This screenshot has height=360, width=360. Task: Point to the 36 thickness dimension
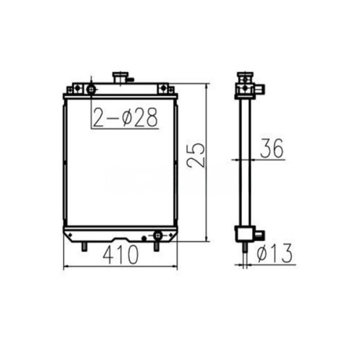[272, 149]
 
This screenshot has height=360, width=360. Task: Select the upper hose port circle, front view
[92, 89]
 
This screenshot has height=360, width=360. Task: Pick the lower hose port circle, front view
[157, 236]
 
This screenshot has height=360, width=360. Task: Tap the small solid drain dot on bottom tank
[144, 238]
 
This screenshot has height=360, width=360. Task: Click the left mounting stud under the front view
[83, 247]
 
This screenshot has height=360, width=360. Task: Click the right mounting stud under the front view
[156, 247]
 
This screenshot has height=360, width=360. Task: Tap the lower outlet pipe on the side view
[259, 235]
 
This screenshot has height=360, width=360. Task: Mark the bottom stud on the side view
[244, 247]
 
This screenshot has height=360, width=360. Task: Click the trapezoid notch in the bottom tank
[122, 239]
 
